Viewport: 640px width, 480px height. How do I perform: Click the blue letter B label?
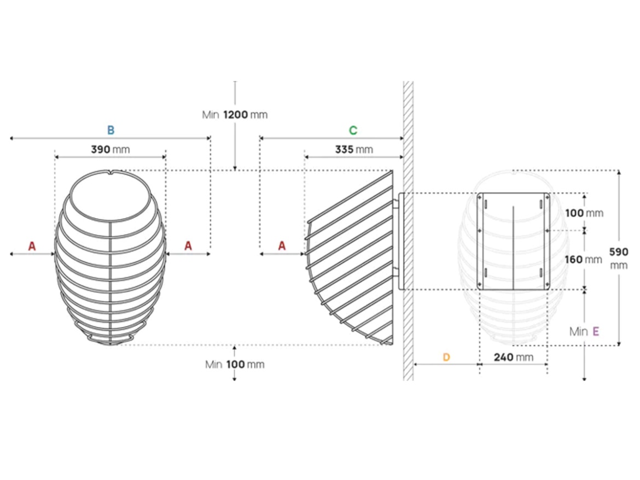pyautogui.click(x=110, y=130)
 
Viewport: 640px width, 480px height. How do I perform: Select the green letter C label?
pyautogui.click(x=353, y=130)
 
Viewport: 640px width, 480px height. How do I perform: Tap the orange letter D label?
pyautogui.click(x=446, y=357)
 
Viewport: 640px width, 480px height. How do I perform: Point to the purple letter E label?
pyautogui.click(x=596, y=331)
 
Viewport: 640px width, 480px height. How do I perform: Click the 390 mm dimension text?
pyautogui.click(x=110, y=149)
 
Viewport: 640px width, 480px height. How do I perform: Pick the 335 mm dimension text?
pyautogui.click(x=354, y=149)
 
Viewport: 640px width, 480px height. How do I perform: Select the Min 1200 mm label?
pyautogui.click(x=235, y=115)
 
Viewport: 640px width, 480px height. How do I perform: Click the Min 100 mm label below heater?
pyautogui.click(x=235, y=365)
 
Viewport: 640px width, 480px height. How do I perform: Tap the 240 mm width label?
pyautogui.click(x=513, y=358)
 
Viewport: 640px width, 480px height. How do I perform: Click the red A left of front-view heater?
pyautogui.click(x=32, y=246)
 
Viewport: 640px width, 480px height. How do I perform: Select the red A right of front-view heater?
pyautogui.click(x=188, y=246)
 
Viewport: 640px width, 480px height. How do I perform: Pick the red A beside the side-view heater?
pyautogui.click(x=282, y=246)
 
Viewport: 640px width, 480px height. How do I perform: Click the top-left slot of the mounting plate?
pyautogui.click(x=485, y=203)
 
